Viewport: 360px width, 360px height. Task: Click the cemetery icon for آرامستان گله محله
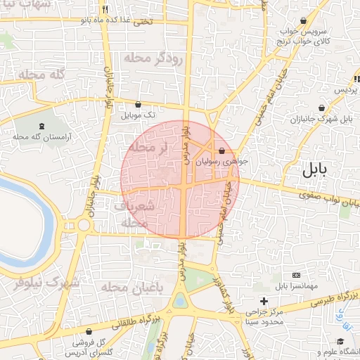pos(41,127)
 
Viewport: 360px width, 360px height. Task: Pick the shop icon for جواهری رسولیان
pos(222,150)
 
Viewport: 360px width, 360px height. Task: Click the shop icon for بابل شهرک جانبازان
pos(321,108)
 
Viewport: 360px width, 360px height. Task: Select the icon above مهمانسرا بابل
pos(296,275)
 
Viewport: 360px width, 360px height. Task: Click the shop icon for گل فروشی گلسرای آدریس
pos(89,330)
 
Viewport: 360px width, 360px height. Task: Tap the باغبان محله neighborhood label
pos(131,288)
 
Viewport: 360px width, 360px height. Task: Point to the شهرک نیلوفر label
pos(46,283)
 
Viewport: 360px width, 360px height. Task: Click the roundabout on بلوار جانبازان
pos(84,226)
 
